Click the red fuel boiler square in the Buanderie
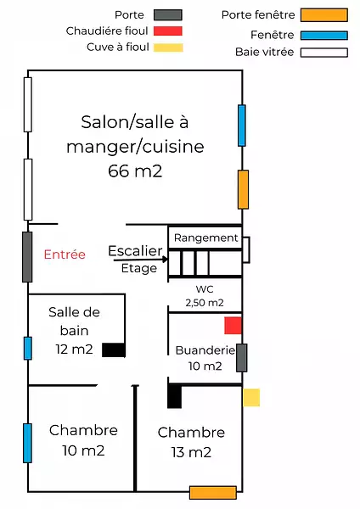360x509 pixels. pyautogui.click(x=233, y=326)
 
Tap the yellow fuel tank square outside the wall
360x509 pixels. pyautogui.click(x=251, y=398)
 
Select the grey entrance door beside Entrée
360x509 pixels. pyautogui.click(x=27, y=257)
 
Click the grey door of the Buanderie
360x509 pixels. pyautogui.click(x=241, y=358)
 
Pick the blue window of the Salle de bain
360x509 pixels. pyautogui.click(x=28, y=349)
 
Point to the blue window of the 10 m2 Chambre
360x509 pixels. pyautogui.click(x=28, y=443)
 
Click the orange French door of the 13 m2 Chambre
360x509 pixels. pyautogui.click(x=213, y=492)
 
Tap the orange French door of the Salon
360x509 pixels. pyautogui.click(x=244, y=189)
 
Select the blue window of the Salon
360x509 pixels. pyautogui.click(x=242, y=126)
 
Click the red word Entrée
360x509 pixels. pyautogui.click(x=65, y=255)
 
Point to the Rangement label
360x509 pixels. pyautogui.click(x=206, y=238)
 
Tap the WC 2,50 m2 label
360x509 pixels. pyautogui.click(x=205, y=296)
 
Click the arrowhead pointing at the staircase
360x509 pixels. pyautogui.click(x=165, y=259)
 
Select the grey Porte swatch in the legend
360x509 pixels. pyautogui.click(x=167, y=15)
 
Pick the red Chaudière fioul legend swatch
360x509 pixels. pyautogui.click(x=167, y=31)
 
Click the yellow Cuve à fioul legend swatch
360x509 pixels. pyautogui.click(x=168, y=48)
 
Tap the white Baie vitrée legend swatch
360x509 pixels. pyautogui.click(x=324, y=53)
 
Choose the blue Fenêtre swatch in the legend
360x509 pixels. pyautogui.click(x=324, y=36)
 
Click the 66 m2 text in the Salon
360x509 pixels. pyautogui.click(x=135, y=171)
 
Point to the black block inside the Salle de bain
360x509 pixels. pyautogui.click(x=114, y=350)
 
